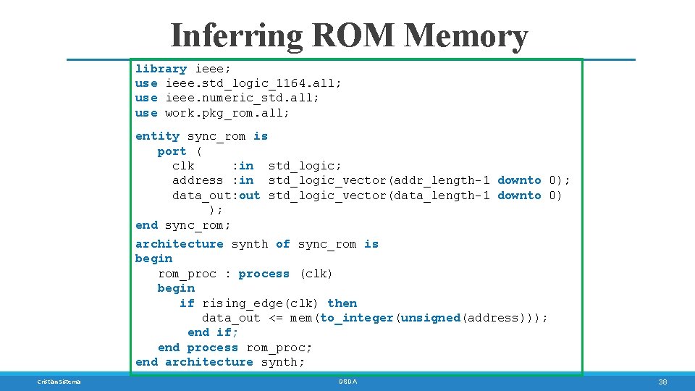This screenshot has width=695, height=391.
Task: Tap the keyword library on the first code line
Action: (x=161, y=69)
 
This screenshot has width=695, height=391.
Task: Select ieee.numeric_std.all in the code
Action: (x=242, y=98)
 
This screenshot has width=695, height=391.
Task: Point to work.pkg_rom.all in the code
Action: (x=227, y=113)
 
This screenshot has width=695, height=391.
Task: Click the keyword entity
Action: (x=157, y=136)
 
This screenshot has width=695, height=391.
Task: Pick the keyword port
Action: (x=172, y=151)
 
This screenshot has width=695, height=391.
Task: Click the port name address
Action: (x=198, y=180)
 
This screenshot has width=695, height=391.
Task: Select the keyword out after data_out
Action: (x=249, y=195)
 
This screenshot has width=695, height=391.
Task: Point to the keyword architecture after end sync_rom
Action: (x=179, y=244)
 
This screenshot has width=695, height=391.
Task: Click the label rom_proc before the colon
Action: (x=187, y=274)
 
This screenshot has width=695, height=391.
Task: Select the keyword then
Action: (x=342, y=303)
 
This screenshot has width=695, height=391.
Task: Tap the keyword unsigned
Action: (x=430, y=318)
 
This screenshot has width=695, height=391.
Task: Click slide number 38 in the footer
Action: (x=662, y=382)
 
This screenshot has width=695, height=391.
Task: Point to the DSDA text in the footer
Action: (x=347, y=382)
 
